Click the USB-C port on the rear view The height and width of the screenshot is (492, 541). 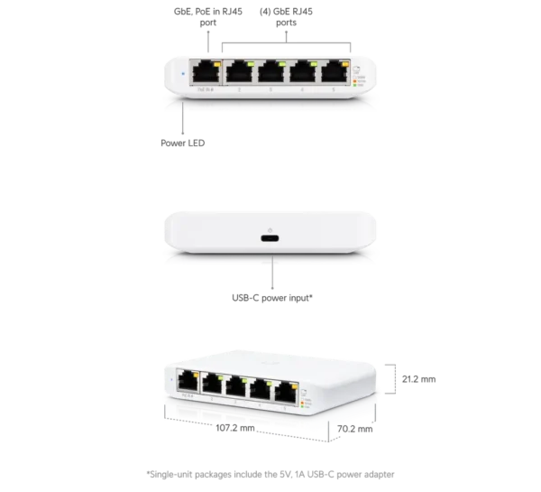(270, 239)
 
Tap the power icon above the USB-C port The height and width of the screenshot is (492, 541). (270, 227)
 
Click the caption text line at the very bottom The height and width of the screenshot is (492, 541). (270, 475)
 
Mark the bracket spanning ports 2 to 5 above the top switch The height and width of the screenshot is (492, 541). (287, 37)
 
